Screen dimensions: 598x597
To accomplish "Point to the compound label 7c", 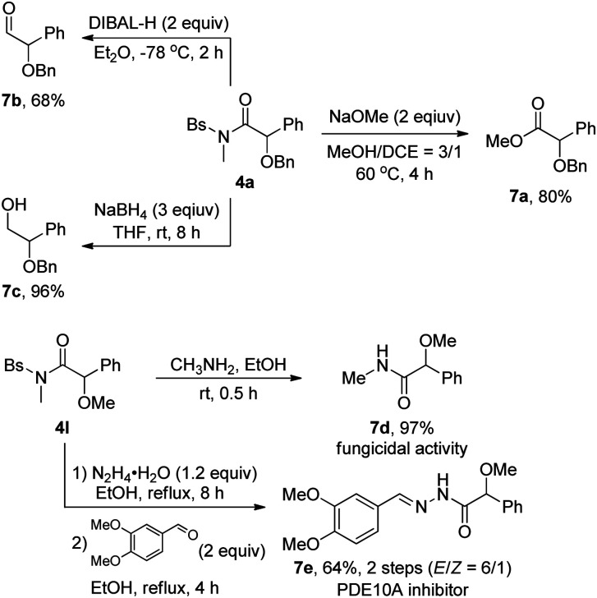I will (x=15, y=309).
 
